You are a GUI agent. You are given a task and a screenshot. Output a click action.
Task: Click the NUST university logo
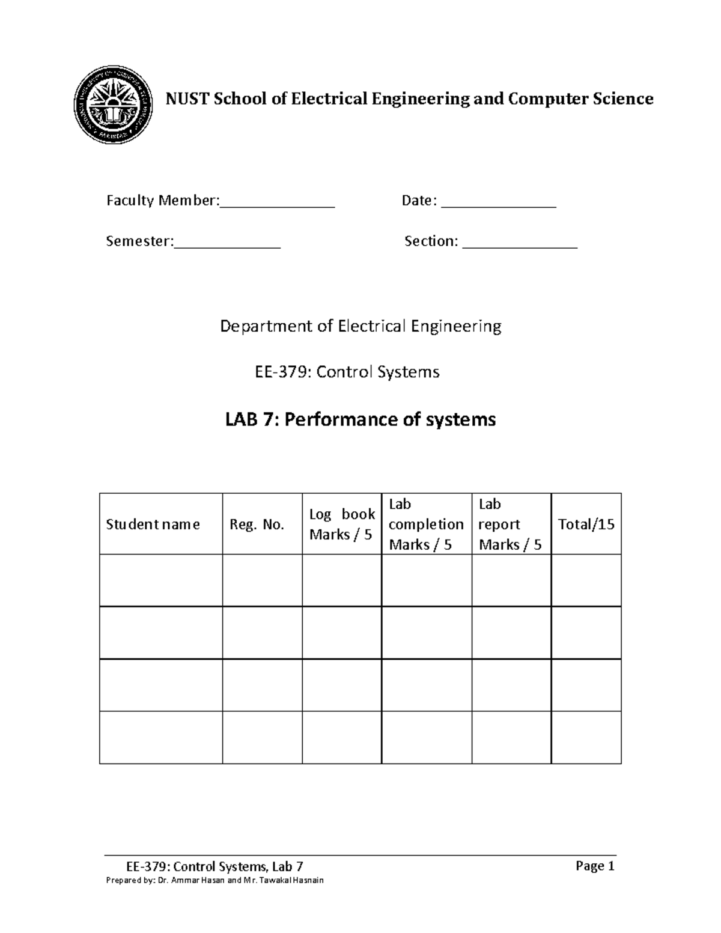coord(113,105)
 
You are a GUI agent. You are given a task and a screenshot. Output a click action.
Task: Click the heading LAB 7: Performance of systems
coord(360,419)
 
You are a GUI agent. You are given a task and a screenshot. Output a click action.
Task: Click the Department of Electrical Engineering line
coord(360,326)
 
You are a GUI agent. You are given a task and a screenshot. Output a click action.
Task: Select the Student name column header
coord(153,524)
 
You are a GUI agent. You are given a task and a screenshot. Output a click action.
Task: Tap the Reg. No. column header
coord(257,524)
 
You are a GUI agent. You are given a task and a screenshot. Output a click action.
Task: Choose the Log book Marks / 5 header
coord(341,524)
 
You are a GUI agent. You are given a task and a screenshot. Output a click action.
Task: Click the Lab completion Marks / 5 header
coord(426,524)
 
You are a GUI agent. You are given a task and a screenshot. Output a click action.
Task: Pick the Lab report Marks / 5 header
coord(510,524)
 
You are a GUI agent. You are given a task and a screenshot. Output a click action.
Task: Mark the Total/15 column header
coord(586,524)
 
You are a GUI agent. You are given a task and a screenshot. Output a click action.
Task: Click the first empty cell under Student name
coord(161,580)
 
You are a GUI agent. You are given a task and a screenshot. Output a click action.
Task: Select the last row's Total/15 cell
coord(586,738)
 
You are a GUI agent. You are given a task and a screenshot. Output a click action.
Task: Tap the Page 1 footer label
coord(595,866)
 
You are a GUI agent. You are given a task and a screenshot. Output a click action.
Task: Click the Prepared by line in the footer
coord(214,880)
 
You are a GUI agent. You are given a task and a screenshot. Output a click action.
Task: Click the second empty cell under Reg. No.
coord(262,633)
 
